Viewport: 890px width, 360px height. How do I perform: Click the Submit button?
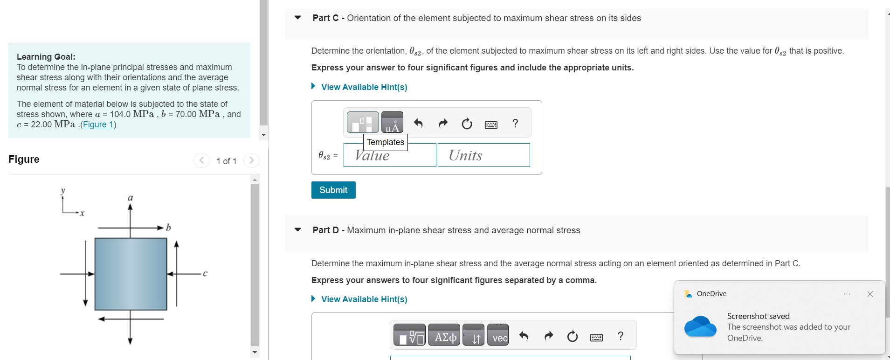pyautogui.click(x=333, y=190)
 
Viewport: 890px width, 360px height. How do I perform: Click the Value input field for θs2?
pyautogui.click(x=390, y=155)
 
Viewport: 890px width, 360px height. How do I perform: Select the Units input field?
pyautogui.click(x=483, y=155)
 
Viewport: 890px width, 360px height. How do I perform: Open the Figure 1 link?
pyautogui.click(x=97, y=125)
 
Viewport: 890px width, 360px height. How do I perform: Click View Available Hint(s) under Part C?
pyautogui.click(x=364, y=87)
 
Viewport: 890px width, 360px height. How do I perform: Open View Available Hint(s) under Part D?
pyautogui.click(x=364, y=299)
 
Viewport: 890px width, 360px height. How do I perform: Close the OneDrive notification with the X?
pyautogui.click(x=870, y=294)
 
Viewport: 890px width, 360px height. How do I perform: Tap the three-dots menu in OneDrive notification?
pyautogui.click(x=847, y=294)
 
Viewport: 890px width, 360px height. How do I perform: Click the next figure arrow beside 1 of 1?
pyautogui.click(x=251, y=160)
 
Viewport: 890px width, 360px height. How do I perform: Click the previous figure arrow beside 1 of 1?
pyautogui.click(x=201, y=160)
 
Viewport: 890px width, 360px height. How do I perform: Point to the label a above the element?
pyautogui.click(x=131, y=198)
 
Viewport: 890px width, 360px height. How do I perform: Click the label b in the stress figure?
pyautogui.click(x=168, y=228)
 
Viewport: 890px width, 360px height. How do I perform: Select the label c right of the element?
pyautogui.click(x=205, y=273)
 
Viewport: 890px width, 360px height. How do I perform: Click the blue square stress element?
pyautogui.click(x=131, y=274)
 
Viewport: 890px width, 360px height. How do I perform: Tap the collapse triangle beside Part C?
pyautogui.click(x=298, y=18)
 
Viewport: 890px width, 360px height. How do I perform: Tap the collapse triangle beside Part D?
pyautogui.click(x=298, y=230)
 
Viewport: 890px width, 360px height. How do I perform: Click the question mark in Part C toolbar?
pyautogui.click(x=515, y=124)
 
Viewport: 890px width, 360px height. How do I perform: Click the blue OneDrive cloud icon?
pyautogui.click(x=700, y=326)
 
